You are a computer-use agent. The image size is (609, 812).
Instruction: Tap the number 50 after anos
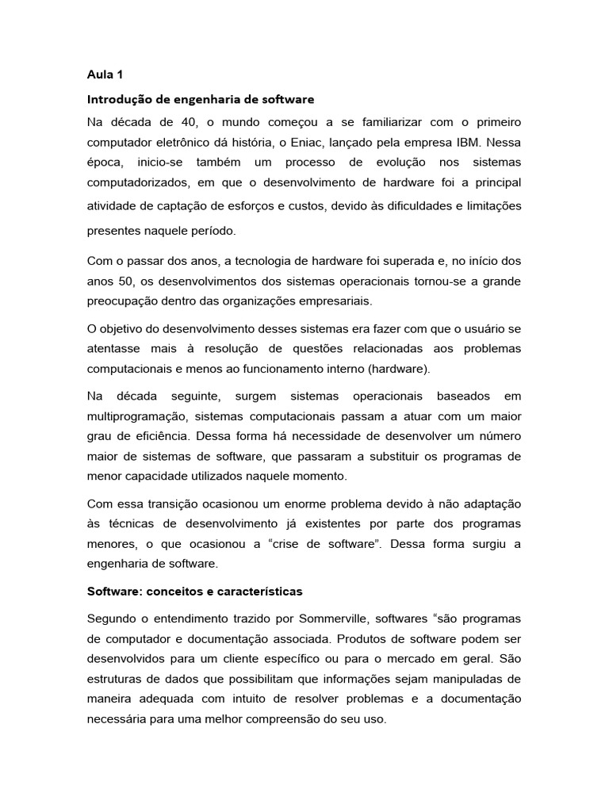(124, 282)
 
